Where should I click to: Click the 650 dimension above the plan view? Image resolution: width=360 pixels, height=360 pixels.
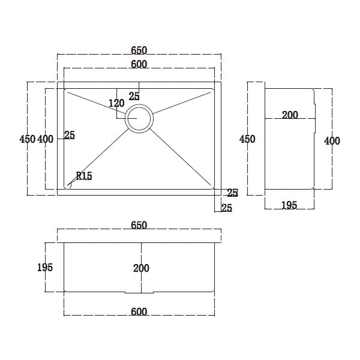pyautogui.click(x=139, y=50)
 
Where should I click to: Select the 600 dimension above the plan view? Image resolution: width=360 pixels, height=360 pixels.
pyautogui.click(x=139, y=64)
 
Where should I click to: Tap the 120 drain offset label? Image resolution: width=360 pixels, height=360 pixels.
pyautogui.click(x=116, y=103)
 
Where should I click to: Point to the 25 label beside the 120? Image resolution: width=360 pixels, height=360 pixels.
pyautogui.click(x=134, y=96)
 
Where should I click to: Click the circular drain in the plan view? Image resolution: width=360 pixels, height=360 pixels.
pyautogui.click(x=139, y=118)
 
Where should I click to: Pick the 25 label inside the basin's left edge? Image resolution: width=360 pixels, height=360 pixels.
pyautogui.click(x=69, y=135)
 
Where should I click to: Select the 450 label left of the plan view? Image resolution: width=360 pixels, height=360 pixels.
pyautogui.click(x=28, y=139)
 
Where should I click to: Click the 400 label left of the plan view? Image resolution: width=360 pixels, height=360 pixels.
pyautogui.click(x=46, y=139)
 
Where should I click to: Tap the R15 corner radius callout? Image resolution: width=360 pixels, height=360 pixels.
pyautogui.click(x=83, y=176)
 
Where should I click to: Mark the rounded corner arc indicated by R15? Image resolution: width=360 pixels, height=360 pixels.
pyautogui.click(x=68, y=187)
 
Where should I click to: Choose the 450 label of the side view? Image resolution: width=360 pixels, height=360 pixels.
pyautogui.click(x=247, y=139)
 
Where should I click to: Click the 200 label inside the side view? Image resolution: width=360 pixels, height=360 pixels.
pyautogui.click(x=290, y=115)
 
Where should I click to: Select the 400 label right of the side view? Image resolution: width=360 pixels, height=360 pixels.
pyautogui.click(x=332, y=141)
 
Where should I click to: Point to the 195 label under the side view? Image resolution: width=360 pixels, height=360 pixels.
pyautogui.click(x=289, y=205)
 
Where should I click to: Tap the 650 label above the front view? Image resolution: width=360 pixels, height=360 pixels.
pyautogui.click(x=139, y=225)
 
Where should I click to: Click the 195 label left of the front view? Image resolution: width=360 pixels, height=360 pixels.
pyautogui.click(x=45, y=267)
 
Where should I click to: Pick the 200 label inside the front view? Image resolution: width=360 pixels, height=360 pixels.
pyautogui.click(x=142, y=268)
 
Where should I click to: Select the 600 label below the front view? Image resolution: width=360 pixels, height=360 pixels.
pyautogui.click(x=139, y=311)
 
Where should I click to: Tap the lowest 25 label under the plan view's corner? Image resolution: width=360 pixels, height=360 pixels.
pyautogui.click(x=227, y=208)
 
